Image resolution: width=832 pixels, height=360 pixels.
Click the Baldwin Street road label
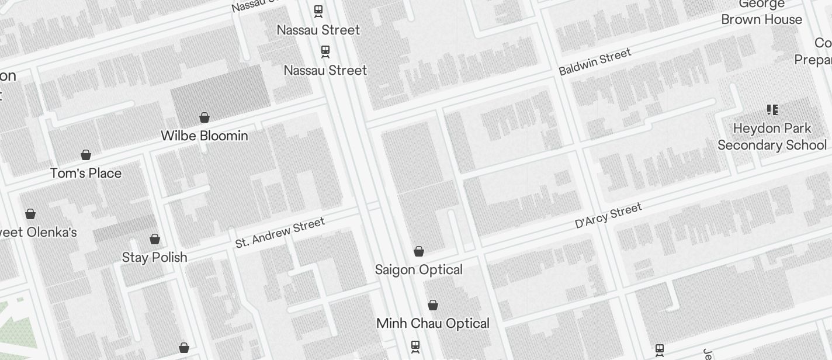pos(595,62)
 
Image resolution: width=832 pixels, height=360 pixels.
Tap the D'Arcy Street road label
pos(608,215)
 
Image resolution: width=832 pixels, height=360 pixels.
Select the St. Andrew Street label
pos(280,233)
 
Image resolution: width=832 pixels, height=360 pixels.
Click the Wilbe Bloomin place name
pos(204,136)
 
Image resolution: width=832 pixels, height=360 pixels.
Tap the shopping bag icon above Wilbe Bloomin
pos(204,117)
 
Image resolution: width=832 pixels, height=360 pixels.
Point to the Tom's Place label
pos(86,173)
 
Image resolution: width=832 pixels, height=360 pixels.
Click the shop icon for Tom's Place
pos(86,155)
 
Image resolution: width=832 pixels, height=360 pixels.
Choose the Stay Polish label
pos(154,257)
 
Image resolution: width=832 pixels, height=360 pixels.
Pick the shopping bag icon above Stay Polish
pos(155,239)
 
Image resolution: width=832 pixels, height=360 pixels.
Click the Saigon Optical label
pos(419,269)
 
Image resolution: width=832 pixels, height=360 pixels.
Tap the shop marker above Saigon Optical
pos(419,251)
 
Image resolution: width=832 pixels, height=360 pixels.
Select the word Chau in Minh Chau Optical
pos(425,323)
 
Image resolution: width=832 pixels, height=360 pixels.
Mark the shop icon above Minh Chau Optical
pos(433,305)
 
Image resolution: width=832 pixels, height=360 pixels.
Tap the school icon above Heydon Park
pos(772,110)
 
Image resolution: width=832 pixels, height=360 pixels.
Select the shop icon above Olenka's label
pos(30,214)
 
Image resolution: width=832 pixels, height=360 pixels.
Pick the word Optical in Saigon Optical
pos(441,269)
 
